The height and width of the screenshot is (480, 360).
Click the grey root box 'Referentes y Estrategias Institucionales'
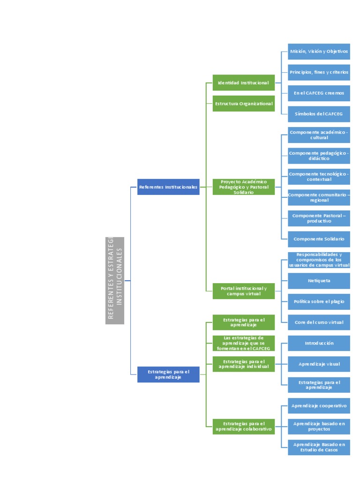pos(115,280)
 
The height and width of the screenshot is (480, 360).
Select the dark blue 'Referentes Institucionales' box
pos(168,187)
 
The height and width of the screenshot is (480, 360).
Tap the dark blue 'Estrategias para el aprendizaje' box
pos(168,375)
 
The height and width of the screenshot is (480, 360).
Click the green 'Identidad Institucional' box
pos(243,83)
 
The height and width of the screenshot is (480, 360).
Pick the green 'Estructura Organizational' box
pos(243,104)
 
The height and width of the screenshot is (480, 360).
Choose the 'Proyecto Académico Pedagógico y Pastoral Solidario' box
pos(243,187)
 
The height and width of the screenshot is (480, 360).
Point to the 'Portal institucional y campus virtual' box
pos(243,291)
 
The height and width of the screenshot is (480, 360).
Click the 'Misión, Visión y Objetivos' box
pos(319,52)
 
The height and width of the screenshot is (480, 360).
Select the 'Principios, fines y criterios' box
pos(319,72)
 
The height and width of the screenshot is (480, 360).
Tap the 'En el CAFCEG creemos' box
pos(319,93)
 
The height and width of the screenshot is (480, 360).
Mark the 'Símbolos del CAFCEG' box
pos(319,114)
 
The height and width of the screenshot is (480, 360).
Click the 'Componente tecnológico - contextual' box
pos(319,177)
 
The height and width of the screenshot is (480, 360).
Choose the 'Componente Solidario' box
pos(319,239)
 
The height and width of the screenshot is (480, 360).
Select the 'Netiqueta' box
pos(319,281)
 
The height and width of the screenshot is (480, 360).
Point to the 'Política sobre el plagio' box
pos(319,301)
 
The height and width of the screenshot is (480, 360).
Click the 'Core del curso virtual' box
pos(319,322)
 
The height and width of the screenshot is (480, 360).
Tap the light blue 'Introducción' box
pos(319,343)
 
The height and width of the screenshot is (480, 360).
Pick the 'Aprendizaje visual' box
pos(319,364)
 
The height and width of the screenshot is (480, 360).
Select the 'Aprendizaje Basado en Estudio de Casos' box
pos(319,447)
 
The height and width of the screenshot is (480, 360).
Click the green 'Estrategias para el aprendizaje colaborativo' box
pos(243,427)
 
